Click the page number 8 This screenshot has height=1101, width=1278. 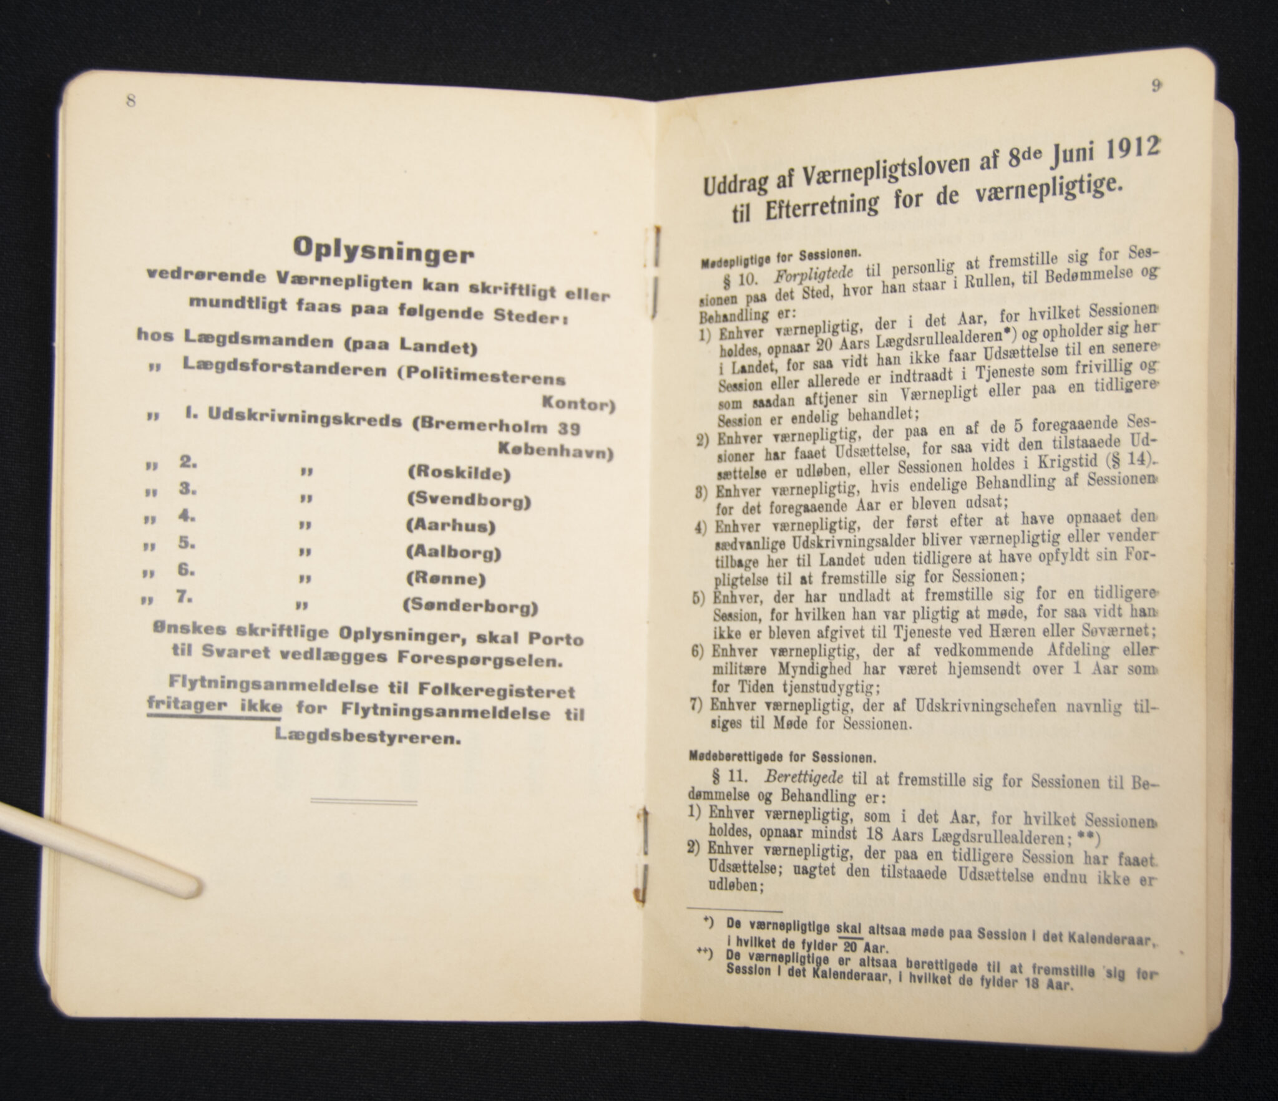pyautogui.click(x=130, y=101)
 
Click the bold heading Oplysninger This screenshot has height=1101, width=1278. pyautogui.click(x=383, y=250)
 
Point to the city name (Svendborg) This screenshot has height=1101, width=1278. pyautogui.click(x=468, y=500)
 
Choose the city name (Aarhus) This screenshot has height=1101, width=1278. pyautogui.click(x=451, y=526)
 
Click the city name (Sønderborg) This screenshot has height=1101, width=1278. pyautogui.click(x=470, y=606)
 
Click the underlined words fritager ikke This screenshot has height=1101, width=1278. pyautogui.click(x=214, y=706)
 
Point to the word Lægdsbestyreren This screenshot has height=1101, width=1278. pyautogui.click(x=368, y=738)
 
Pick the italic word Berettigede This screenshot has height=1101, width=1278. pyautogui.click(x=801, y=778)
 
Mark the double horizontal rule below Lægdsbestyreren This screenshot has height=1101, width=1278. pyautogui.click(x=363, y=801)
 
